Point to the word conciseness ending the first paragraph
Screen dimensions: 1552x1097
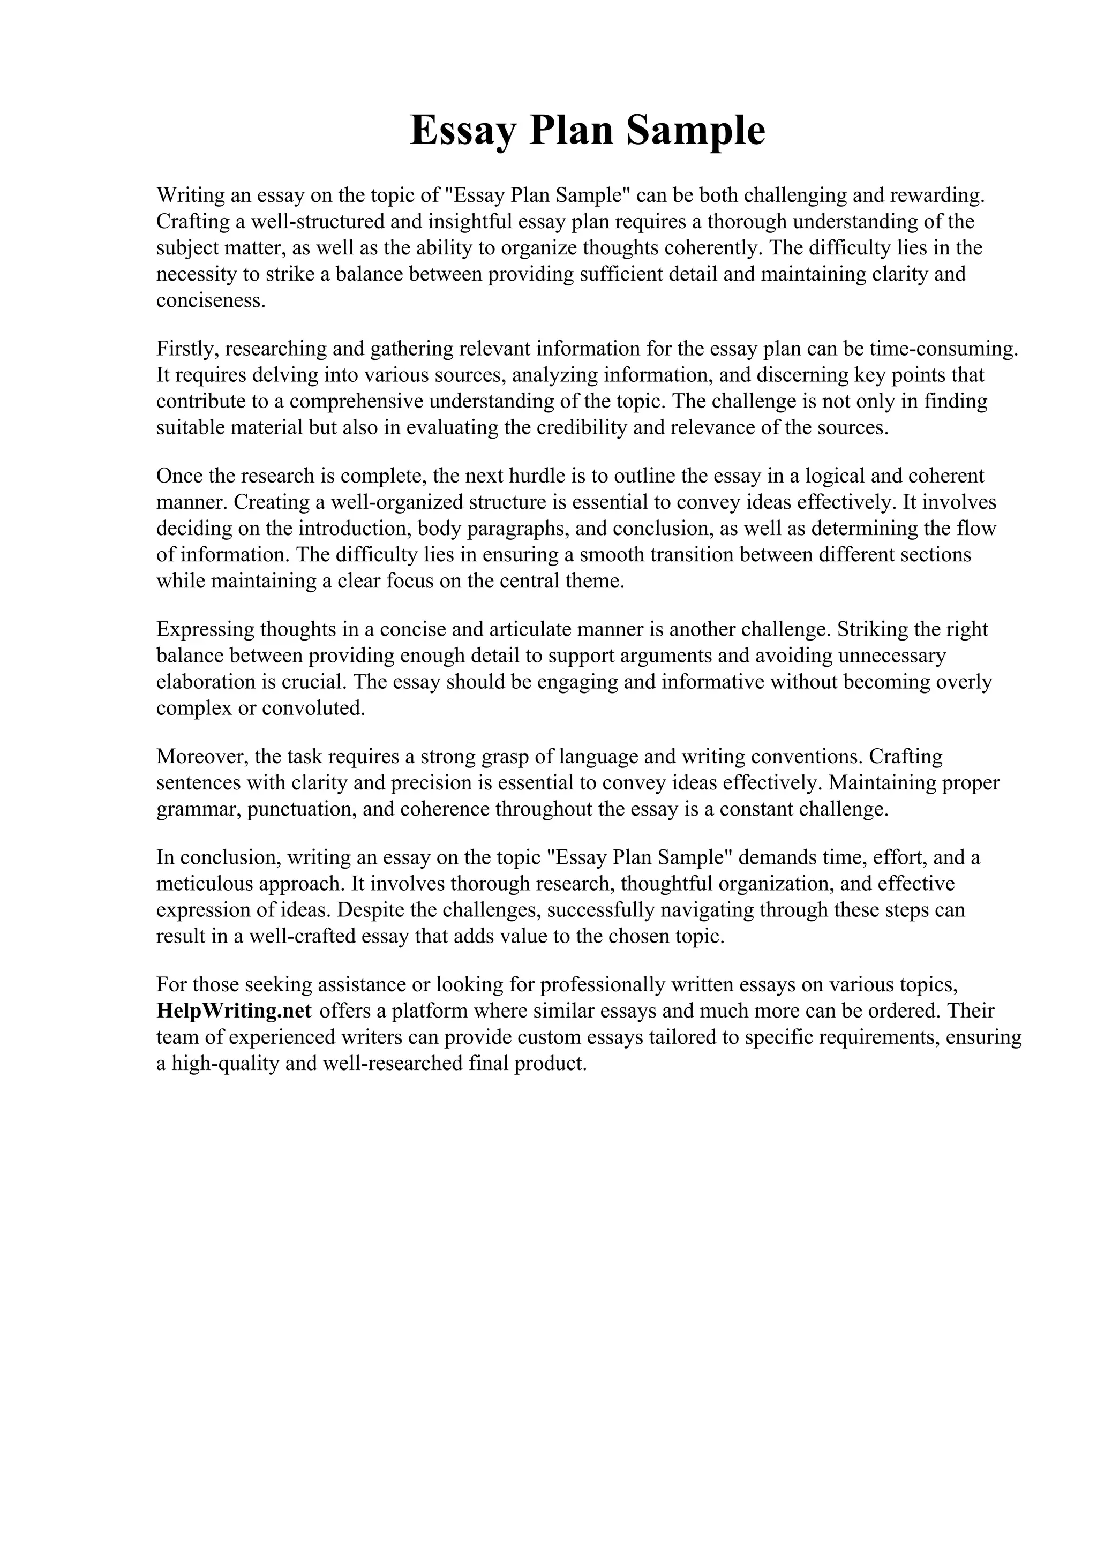tap(211, 300)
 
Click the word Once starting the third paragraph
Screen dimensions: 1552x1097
tap(179, 476)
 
